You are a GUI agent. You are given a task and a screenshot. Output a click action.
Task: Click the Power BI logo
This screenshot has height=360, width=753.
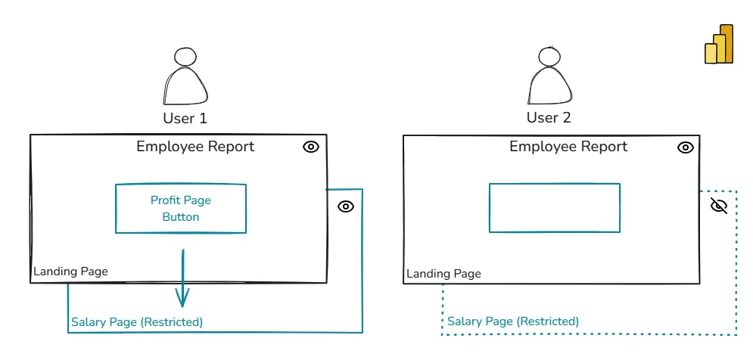click(x=719, y=45)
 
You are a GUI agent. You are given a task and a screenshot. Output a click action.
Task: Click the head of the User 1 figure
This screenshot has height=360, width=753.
click(x=185, y=57)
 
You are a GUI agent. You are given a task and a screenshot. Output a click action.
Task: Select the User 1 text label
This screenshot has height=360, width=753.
click(x=185, y=118)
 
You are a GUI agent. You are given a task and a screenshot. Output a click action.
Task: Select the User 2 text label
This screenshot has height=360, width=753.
click(x=549, y=118)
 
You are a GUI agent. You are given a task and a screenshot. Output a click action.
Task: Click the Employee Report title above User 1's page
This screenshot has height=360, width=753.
click(x=195, y=147)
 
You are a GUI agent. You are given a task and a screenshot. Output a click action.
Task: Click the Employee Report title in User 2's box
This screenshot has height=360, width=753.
click(x=568, y=147)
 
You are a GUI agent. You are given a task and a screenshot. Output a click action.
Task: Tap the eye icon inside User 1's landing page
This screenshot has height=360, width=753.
click(x=311, y=147)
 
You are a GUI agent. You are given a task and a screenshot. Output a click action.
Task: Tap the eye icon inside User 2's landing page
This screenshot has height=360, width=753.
click(x=686, y=147)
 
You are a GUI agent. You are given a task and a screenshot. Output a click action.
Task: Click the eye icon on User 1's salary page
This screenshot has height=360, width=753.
click(x=346, y=206)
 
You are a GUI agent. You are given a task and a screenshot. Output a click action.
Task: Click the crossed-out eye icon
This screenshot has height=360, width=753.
click(x=719, y=206)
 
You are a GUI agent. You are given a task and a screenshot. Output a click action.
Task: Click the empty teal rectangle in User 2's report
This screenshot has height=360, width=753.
click(x=555, y=208)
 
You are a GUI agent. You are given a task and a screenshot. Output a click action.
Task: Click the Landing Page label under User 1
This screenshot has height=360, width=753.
click(x=70, y=272)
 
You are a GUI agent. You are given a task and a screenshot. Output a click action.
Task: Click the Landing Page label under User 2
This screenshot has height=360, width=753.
click(x=443, y=274)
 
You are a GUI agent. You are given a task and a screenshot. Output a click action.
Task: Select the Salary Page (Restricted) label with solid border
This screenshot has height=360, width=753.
click(x=137, y=322)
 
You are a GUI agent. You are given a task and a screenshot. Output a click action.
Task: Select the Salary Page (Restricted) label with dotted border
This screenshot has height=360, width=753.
click(x=513, y=321)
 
